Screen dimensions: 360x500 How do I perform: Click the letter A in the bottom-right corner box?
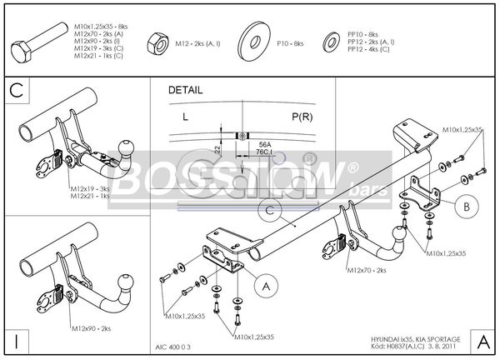coord(483,342)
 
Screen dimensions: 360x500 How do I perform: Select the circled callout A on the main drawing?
coord(265,287)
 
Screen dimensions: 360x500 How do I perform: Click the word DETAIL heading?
coord(185,88)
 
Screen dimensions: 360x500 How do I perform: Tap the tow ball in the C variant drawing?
coord(127,149)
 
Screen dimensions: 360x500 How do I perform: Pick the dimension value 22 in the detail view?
coord(217,147)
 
